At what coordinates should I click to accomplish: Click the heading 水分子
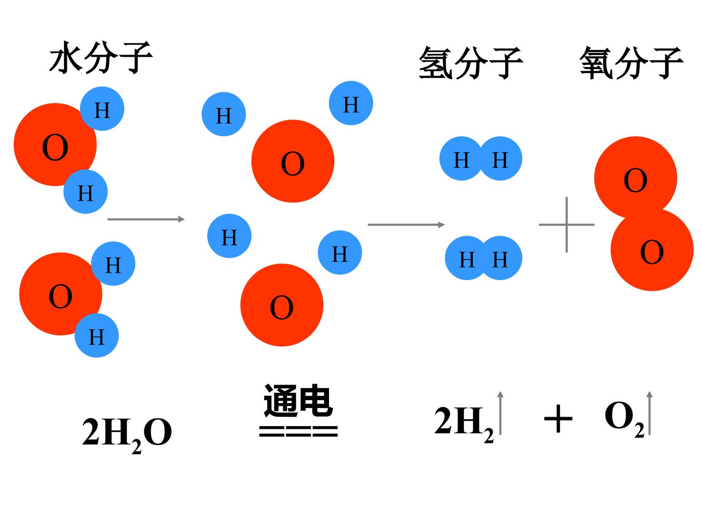(x=101, y=58)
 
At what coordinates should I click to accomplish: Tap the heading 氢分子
(x=470, y=63)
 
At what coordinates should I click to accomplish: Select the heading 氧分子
(x=632, y=63)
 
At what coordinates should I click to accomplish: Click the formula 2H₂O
(x=127, y=434)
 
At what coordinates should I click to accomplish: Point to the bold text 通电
(x=298, y=400)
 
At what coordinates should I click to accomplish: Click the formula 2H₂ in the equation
(x=464, y=424)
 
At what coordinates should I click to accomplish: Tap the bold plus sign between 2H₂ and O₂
(x=558, y=418)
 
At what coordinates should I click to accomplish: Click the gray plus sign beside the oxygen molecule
(x=566, y=224)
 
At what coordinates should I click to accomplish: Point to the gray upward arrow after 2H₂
(x=501, y=413)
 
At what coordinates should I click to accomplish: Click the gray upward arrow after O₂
(x=649, y=413)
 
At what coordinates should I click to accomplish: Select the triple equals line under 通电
(x=298, y=431)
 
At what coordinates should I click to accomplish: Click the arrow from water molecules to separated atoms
(x=146, y=219)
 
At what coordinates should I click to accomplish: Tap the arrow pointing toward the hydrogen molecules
(x=406, y=224)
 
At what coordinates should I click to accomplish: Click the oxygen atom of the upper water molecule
(x=55, y=144)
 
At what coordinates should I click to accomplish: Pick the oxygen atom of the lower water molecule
(x=60, y=294)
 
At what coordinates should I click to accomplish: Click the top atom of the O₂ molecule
(x=636, y=178)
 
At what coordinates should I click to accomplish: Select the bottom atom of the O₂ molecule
(x=652, y=249)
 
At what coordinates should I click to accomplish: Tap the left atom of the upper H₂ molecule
(x=461, y=159)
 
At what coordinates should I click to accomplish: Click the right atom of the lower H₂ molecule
(x=500, y=258)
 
